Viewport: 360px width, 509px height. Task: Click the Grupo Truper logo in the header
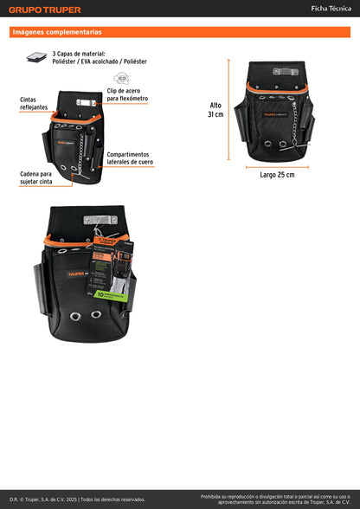point(46,10)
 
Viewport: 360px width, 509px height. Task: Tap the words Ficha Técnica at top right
point(330,8)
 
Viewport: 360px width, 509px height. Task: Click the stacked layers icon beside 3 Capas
point(36,56)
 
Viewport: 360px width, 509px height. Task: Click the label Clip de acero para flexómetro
point(127,94)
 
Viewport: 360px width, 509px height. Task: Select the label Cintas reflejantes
point(34,103)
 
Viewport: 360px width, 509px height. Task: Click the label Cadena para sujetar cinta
point(35,177)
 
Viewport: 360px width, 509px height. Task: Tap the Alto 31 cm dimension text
point(215,110)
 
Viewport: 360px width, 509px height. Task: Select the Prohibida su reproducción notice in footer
point(275,499)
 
